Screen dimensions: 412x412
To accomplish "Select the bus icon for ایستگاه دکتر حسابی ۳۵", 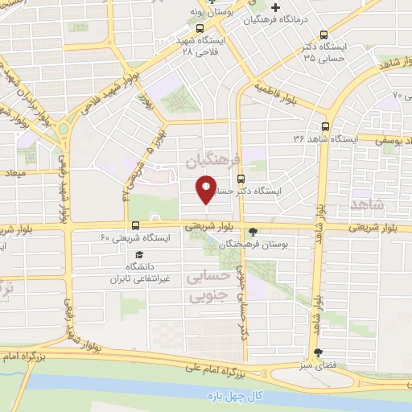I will [323, 35].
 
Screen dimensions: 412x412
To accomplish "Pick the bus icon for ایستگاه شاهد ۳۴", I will [325, 126].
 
